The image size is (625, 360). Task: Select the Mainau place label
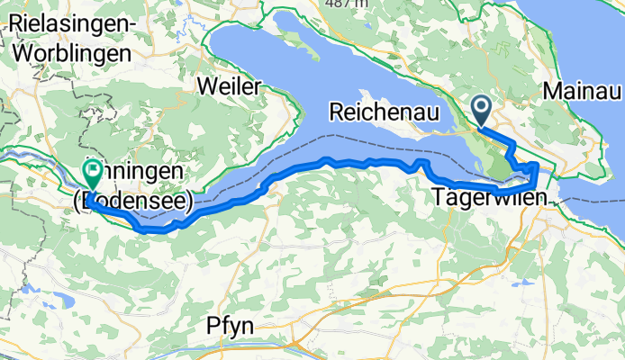[583, 90]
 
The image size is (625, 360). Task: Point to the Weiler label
[232, 86]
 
